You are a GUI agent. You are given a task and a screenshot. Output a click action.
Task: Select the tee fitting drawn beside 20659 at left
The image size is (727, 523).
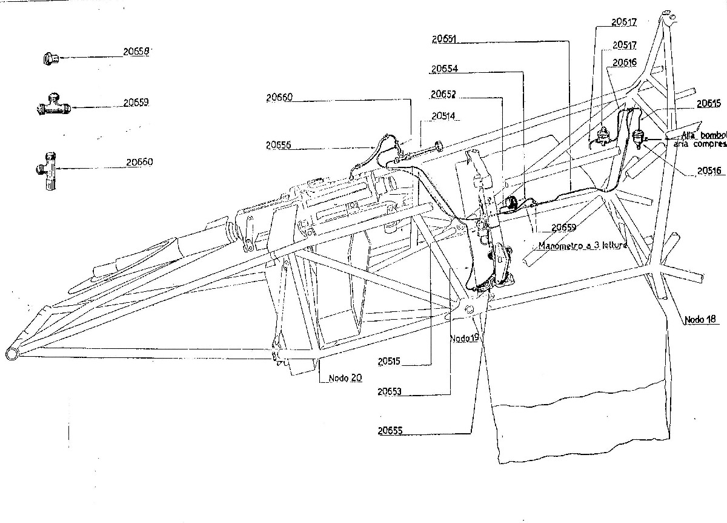point(53,106)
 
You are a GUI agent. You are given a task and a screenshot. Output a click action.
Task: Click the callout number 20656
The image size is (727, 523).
point(277,145)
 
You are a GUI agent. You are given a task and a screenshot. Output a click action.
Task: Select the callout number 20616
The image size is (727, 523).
point(624,62)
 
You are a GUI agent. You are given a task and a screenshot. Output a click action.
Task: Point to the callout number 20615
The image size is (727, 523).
point(708,103)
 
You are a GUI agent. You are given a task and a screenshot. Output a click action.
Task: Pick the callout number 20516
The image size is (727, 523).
point(708,171)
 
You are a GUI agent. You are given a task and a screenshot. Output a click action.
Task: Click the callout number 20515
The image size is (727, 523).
point(390,361)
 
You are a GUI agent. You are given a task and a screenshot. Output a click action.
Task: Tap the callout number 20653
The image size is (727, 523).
point(390,392)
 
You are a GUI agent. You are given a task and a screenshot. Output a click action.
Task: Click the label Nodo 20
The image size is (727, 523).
point(345,377)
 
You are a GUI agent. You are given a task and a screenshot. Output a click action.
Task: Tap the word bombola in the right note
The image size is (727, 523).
point(711,135)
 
